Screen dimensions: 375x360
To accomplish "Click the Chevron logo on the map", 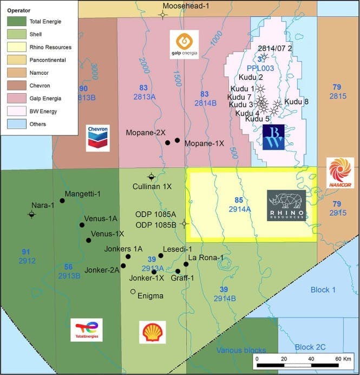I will coord(98,138).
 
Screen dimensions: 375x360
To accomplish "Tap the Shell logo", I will coord(153,332).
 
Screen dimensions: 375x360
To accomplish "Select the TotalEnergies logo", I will coord(87,330).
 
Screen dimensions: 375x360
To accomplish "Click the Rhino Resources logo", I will coord(286,205).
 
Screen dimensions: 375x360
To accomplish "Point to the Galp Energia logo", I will coord(184,44).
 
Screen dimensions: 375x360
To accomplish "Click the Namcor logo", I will coord(340,173).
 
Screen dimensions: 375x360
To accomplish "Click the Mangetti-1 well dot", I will coord(62,201).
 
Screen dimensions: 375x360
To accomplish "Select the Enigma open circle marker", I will coord(133,292).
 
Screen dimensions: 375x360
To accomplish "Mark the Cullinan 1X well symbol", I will coord(152,177).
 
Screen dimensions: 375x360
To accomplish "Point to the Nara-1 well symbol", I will coord(32,215).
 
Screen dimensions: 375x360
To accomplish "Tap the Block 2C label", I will coord(311,347).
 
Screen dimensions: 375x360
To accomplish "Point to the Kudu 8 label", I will coord(296,101).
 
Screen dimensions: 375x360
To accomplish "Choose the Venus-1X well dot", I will coord(88,240).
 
